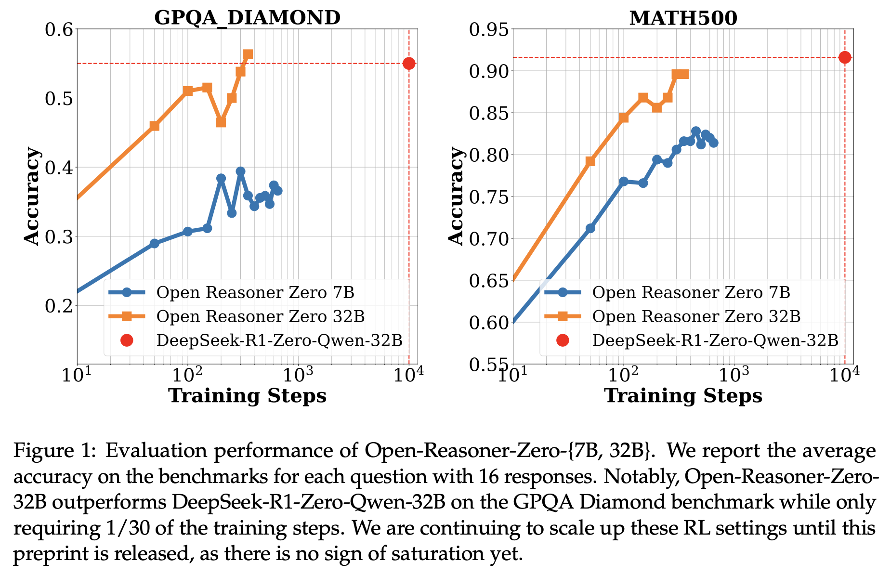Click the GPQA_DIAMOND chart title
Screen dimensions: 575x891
click(247, 18)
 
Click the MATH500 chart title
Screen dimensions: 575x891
click(683, 18)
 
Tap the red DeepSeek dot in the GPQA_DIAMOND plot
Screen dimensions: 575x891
click(409, 63)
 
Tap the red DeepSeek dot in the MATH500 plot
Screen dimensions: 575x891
click(845, 57)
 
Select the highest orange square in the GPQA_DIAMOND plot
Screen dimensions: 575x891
click(248, 54)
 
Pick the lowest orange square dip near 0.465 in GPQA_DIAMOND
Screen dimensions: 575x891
click(221, 122)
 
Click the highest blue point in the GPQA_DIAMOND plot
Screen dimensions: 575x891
click(240, 171)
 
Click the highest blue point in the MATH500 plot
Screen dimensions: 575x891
click(695, 131)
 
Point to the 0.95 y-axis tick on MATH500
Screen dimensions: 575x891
click(488, 29)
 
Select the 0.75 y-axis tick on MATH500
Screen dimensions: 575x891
click(488, 197)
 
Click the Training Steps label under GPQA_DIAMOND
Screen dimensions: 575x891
click(247, 396)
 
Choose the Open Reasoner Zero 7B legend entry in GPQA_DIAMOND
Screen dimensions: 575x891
click(255, 292)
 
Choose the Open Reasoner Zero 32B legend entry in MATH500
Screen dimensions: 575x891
click(696, 316)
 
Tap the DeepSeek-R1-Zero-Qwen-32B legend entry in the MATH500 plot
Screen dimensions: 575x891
click(715, 340)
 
